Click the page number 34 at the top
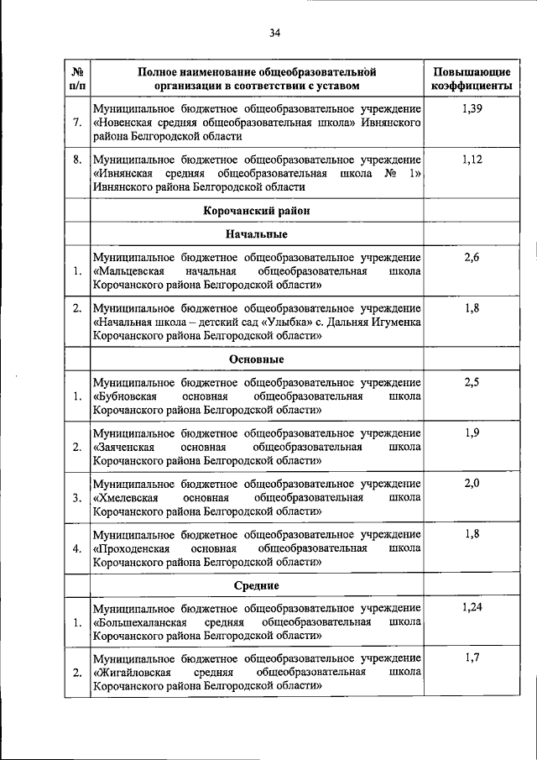tap(274, 34)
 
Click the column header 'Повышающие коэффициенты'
tap(472, 78)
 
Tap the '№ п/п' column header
tap(77, 78)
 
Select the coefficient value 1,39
tap(472, 109)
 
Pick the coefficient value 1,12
tap(472, 160)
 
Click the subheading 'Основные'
tap(257, 359)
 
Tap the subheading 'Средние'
tap(257, 585)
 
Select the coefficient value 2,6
tap(472, 257)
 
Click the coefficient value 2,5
tap(472, 383)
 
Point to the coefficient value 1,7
tap(472, 658)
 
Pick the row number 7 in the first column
tap(77, 123)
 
